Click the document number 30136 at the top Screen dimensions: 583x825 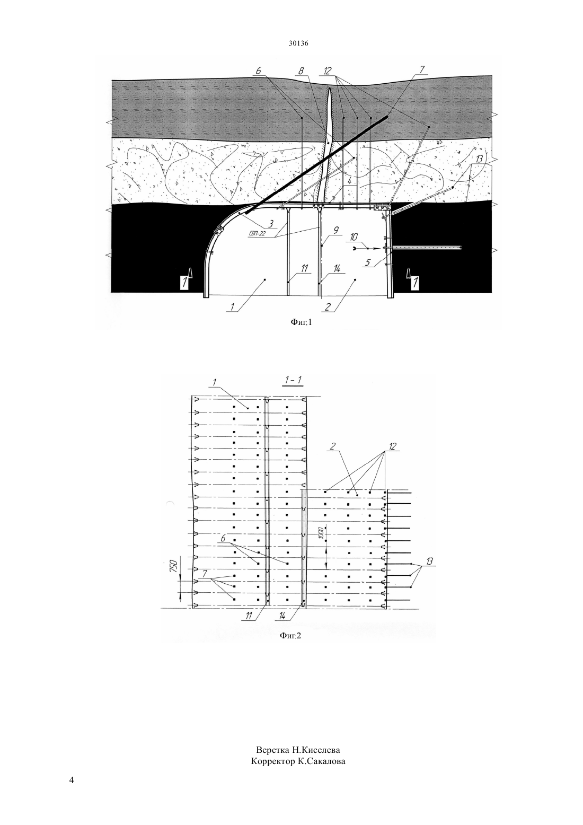298,43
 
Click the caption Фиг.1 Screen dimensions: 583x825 301,323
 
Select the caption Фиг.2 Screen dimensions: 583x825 290,635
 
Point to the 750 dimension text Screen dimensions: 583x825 174,566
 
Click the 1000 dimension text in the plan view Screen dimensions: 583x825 321,532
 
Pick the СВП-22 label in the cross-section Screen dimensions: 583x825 257,233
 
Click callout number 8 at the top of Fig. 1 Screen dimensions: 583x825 301,71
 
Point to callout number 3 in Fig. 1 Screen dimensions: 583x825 270,224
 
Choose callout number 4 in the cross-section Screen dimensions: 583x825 349,181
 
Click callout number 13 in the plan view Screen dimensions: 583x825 429,561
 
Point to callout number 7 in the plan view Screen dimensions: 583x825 205,574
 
